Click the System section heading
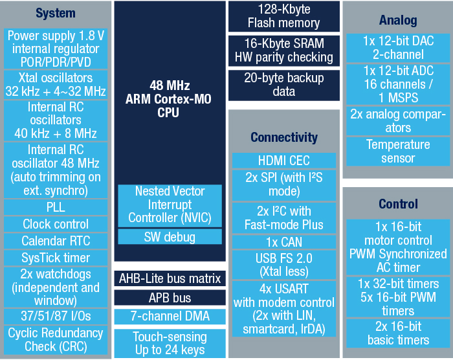[56, 14]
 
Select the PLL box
[56, 207]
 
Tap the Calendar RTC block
[56, 241]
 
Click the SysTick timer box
[56, 258]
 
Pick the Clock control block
[56, 224]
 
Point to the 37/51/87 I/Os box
[56, 317]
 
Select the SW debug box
[170, 237]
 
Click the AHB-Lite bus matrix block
[170, 278]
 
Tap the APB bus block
[170, 298]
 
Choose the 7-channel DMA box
[170, 317]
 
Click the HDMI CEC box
[284, 161]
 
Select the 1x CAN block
[284, 242]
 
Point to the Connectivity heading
[284, 137]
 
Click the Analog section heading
[398, 20]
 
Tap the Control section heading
[398, 204]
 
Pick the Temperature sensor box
[398, 152]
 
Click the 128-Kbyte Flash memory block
[284, 16]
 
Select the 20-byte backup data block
[284, 85]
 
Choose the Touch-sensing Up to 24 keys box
[170, 344]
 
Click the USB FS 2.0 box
[284, 265]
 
